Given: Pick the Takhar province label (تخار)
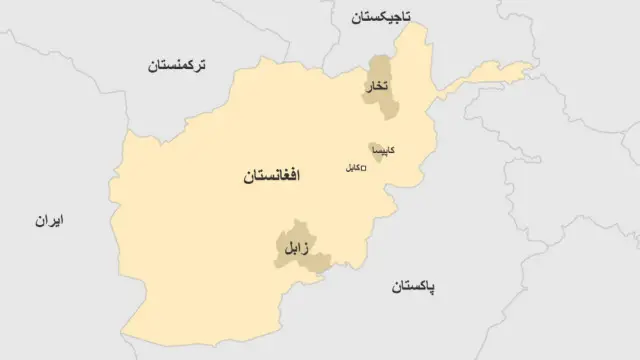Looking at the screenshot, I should tap(379, 87).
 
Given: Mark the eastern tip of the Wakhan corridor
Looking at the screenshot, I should tap(531, 67).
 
